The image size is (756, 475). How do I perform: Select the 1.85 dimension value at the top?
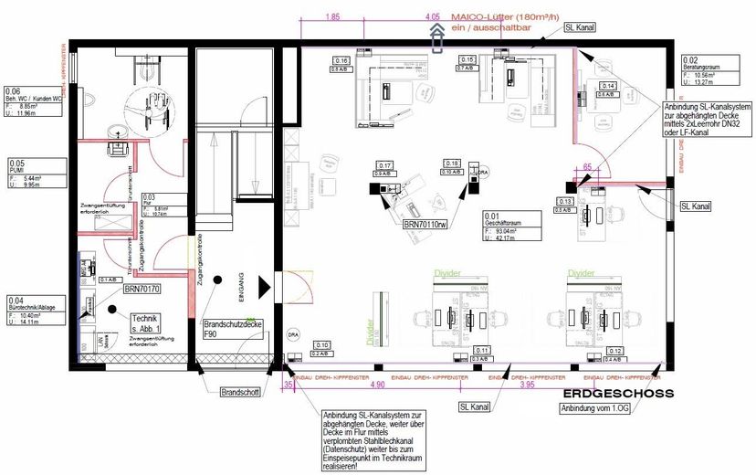click(332, 16)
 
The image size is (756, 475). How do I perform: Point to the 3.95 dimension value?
click(527, 385)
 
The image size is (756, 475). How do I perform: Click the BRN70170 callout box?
click(142, 289)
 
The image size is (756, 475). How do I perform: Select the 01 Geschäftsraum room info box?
click(512, 226)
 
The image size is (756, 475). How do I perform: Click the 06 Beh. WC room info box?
click(34, 102)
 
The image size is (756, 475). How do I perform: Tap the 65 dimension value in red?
click(587, 167)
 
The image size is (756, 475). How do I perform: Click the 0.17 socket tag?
click(384, 167)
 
